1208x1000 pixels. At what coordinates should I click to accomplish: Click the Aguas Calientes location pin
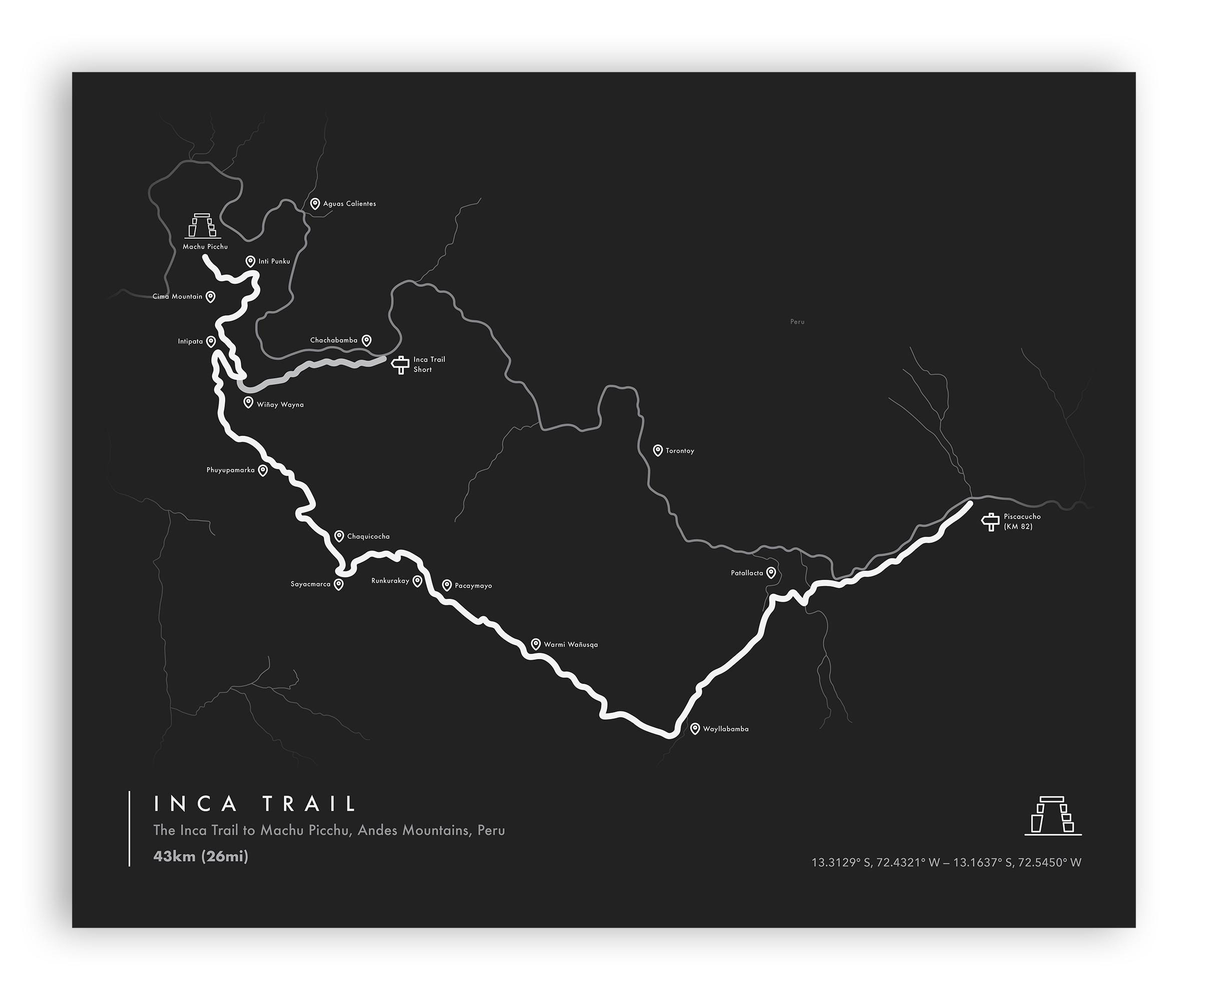tap(315, 203)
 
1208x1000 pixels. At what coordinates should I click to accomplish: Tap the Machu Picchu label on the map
tap(206, 246)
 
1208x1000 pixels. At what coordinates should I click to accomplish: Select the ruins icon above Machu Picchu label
tap(201, 226)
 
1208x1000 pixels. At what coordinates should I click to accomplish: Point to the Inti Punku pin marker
tap(250, 261)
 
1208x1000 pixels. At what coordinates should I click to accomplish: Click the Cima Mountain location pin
tap(211, 296)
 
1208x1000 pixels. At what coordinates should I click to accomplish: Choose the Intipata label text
tap(191, 341)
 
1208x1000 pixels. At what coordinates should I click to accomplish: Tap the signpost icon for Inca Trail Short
tap(400, 364)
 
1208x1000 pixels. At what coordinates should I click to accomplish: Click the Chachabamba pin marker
tap(367, 340)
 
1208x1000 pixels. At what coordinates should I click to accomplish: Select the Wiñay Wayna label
tap(280, 405)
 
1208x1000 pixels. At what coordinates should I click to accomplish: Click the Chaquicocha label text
tap(368, 536)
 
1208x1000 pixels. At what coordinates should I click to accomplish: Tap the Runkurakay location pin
tap(418, 581)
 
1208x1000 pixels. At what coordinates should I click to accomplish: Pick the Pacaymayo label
tap(473, 586)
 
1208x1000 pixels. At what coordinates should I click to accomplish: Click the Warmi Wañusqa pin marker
tap(536, 644)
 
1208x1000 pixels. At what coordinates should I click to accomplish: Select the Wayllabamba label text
tap(725, 729)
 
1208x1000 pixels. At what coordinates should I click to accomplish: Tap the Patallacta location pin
tap(771, 572)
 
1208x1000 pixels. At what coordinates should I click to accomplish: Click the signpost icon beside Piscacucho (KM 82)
tap(990, 521)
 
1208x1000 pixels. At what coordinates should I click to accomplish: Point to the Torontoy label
tap(680, 451)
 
